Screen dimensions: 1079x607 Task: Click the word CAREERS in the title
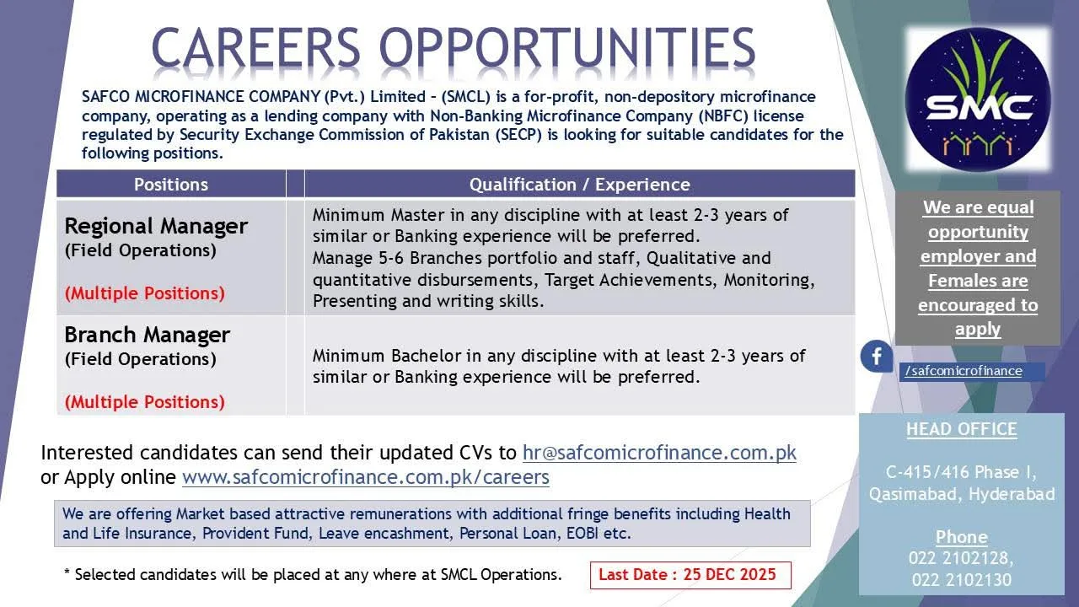[x=255, y=47]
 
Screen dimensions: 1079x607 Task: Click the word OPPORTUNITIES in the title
[x=567, y=47]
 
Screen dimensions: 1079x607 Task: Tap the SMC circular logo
[x=978, y=99]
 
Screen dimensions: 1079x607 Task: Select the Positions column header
[x=171, y=185]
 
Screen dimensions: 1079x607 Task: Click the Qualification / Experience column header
[x=580, y=185]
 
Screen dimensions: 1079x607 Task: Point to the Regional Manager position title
[x=156, y=226]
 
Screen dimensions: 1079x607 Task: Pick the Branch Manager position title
[x=147, y=335]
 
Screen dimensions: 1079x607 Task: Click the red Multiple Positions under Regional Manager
[x=145, y=293]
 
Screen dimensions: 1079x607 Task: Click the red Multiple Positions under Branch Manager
[x=145, y=402]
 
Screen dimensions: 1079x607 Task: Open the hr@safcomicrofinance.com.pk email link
[x=659, y=453]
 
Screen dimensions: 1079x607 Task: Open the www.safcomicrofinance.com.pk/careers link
[x=366, y=477]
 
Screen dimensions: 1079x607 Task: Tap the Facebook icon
[x=877, y=357]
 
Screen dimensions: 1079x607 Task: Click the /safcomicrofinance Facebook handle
[x=964, y=371]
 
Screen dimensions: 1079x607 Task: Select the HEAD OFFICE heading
[x=962, y=429]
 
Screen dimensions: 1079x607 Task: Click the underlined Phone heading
[x=962, y=537]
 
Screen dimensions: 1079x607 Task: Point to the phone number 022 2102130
[x=962, y=579]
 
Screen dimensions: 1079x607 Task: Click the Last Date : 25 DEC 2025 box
[x=690, y=575]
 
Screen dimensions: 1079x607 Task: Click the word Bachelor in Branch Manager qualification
[x=427, y=356]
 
